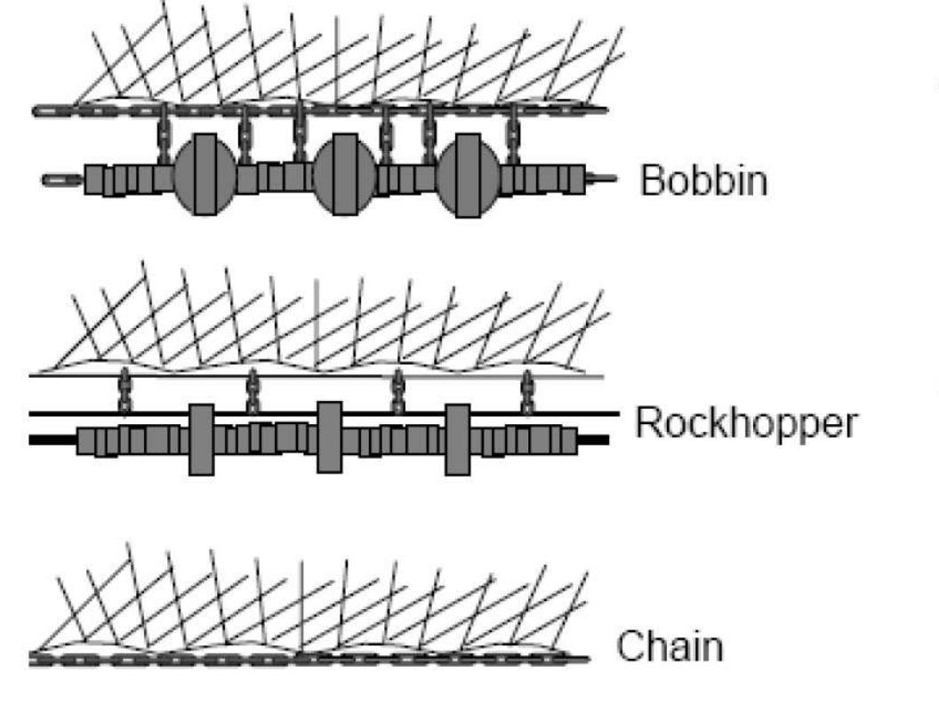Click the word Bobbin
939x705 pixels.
(x=703, y=181)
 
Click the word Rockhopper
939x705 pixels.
(x=746, y=424)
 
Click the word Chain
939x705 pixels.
(x=670, y=646)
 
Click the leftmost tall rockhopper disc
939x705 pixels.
(x=202, y=439)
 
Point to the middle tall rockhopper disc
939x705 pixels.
(x=330, y=438)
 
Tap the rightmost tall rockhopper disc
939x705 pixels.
(x=458, y=439)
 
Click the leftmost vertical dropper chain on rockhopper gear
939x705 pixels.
(x=124, y=392)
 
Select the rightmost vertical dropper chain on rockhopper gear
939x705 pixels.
(x=527, y=392)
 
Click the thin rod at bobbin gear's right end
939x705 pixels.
(x=603, y=179)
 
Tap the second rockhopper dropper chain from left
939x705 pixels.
(x=253, y=392)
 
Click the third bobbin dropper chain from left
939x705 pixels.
(x=300, y=132)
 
